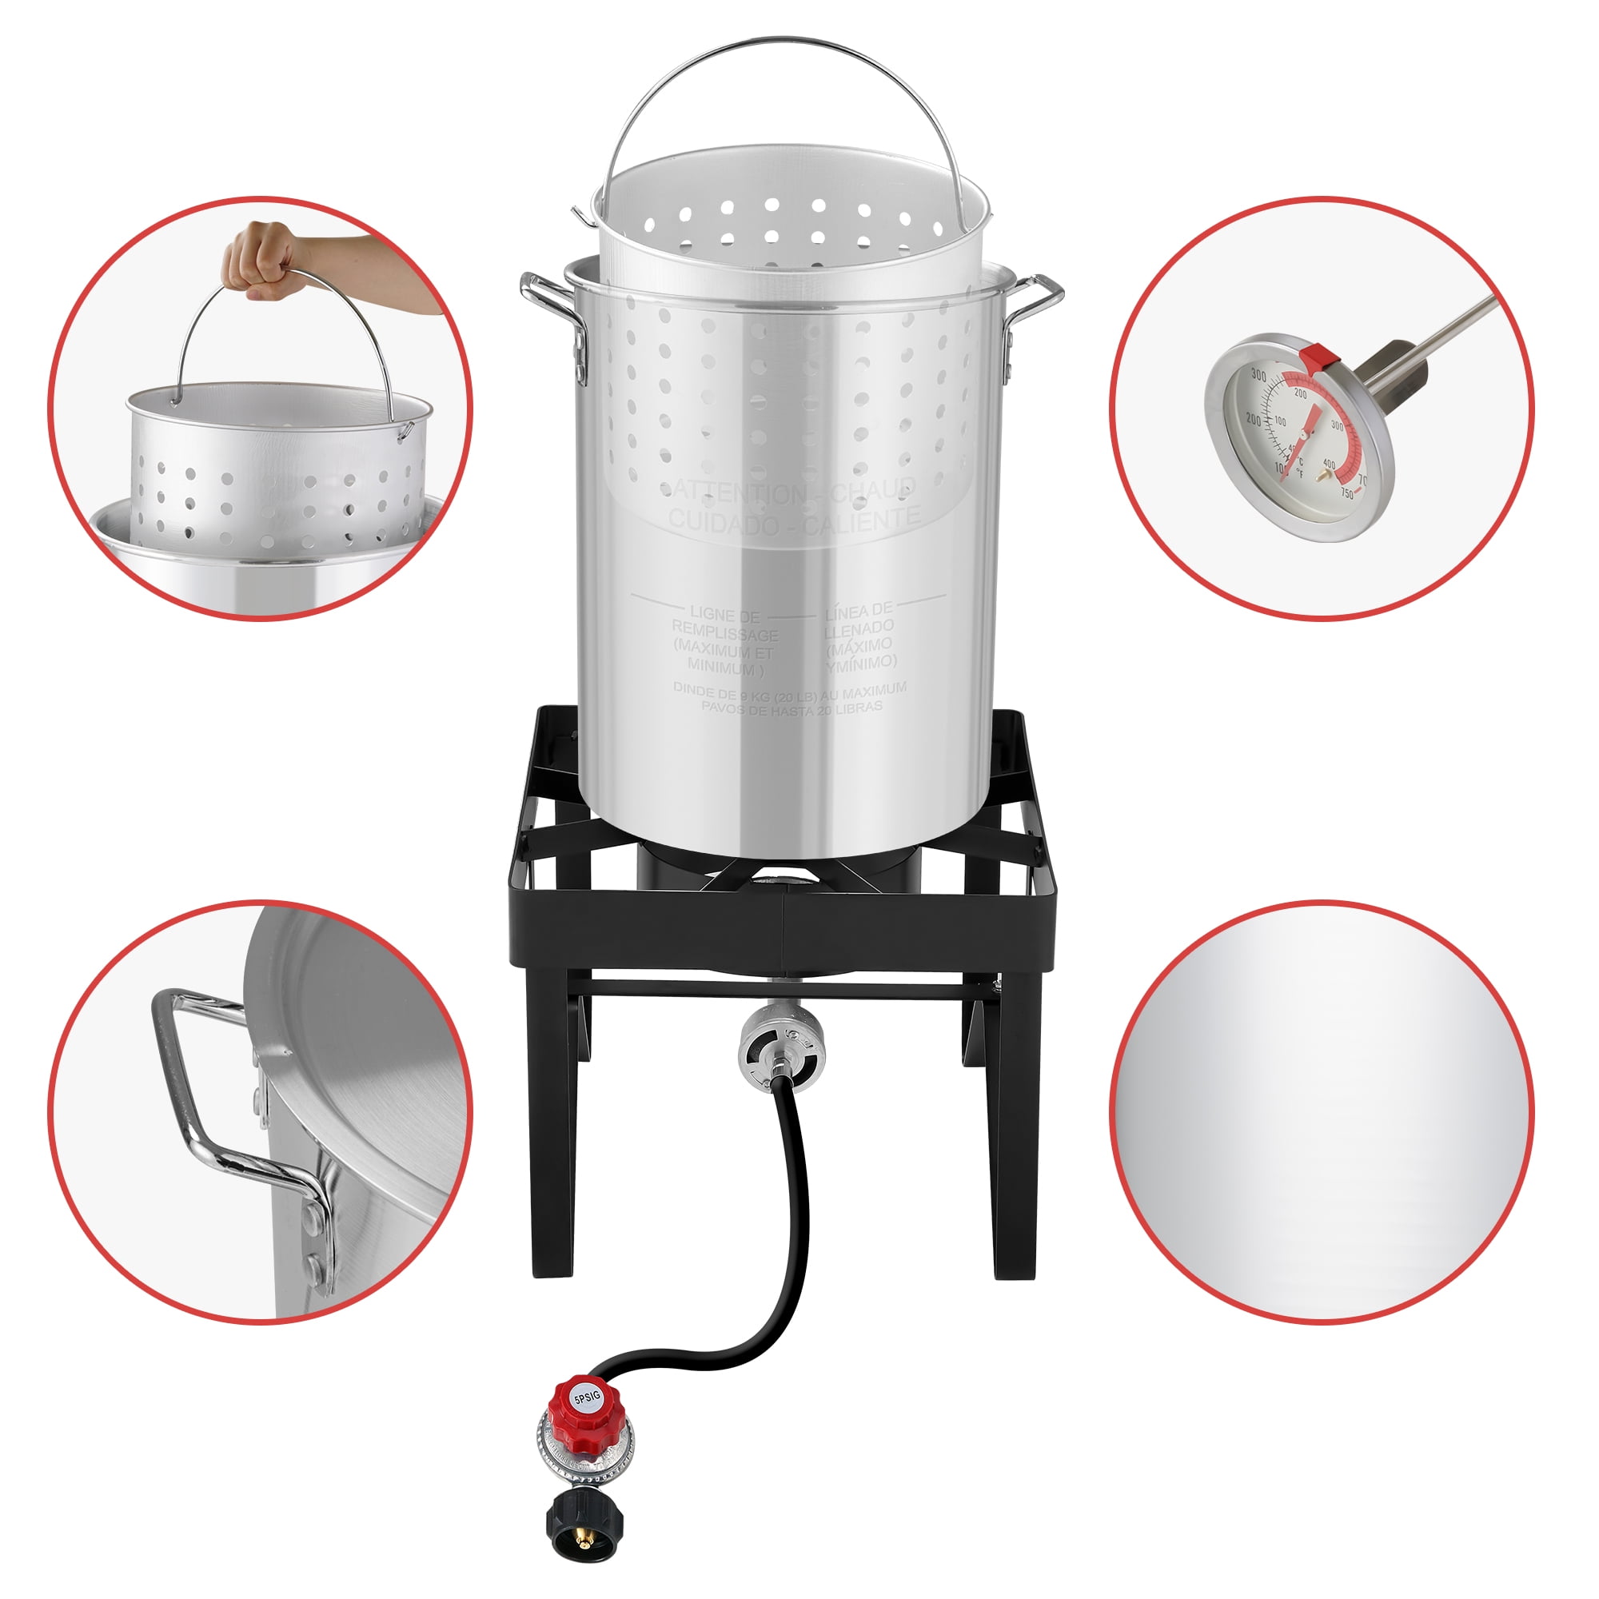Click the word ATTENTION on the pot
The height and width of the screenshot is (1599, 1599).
(x=735, y=494)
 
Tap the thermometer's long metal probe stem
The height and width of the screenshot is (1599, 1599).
(x=1440, y=331)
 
